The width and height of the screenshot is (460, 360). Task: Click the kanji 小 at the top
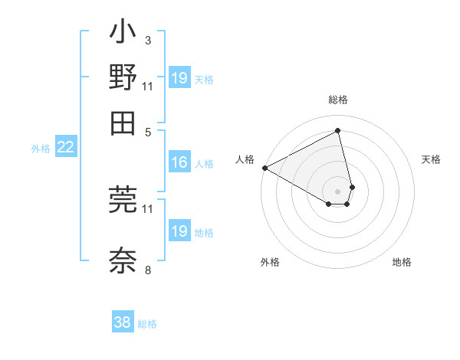pyautogui.click(x=123, y=34)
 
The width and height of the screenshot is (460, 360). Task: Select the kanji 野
pyautogui.click(x=123, y=78)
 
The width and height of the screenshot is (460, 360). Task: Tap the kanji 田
pyautogui.click(x=123, y=122)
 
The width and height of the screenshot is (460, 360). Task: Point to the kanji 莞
pyautogui.click(x=123, y=199)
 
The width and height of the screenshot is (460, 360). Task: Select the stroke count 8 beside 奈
pyautogui.click(x=147, y=270)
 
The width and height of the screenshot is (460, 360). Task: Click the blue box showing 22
pyautogui.click(x=65, y=147)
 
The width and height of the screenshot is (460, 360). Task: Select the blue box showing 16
pyautogui.click(x=179, y=162)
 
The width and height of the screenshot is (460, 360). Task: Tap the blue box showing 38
pyautogui.click(x=123, y=322)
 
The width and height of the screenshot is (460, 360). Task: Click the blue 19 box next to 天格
pyautogui.click(x=179, y=78)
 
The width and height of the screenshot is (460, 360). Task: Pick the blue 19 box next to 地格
pyautogui.click(x=179, y=231)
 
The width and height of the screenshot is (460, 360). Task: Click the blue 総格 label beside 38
pyautogui.click(x=147, y=324)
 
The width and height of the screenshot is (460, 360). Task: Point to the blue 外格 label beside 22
pyautogui.click(x=41, y=149)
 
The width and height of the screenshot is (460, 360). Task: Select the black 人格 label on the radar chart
pyautogui.click(x=245, y=159)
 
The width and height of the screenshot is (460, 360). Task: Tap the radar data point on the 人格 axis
pyautogui.click(x=264, y=168)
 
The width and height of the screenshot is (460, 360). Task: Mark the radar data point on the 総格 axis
pyautogui.click(x=337, y=131)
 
